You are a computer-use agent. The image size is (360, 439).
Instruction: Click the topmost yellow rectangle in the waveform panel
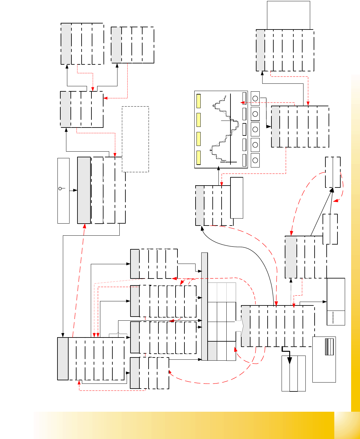(198, 101)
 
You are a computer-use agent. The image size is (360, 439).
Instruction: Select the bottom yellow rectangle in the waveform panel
(198, 158)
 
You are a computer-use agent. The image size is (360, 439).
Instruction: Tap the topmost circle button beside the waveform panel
(255, 99)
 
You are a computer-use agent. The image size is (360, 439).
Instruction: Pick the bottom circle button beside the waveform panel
(255, 160)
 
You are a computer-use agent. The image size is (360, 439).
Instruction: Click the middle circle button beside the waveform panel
(255, 129)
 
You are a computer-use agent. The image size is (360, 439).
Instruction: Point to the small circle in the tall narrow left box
(60, 188)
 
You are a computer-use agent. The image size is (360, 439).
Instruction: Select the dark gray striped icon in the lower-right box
(326, 347)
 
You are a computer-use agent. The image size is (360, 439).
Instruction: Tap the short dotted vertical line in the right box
(333, 318)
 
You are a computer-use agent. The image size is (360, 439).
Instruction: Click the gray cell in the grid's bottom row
(212, 351)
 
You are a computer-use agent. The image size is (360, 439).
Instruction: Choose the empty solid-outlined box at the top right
(288, 15)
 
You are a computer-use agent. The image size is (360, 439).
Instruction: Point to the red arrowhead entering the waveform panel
(243, 102)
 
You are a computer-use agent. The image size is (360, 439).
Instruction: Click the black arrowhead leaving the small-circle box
(75, 190)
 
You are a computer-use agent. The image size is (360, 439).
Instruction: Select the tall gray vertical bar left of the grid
(204, 306)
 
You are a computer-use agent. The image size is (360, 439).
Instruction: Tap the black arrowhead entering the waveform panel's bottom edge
(219, 169)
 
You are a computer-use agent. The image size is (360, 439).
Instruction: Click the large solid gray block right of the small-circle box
(84, 190)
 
